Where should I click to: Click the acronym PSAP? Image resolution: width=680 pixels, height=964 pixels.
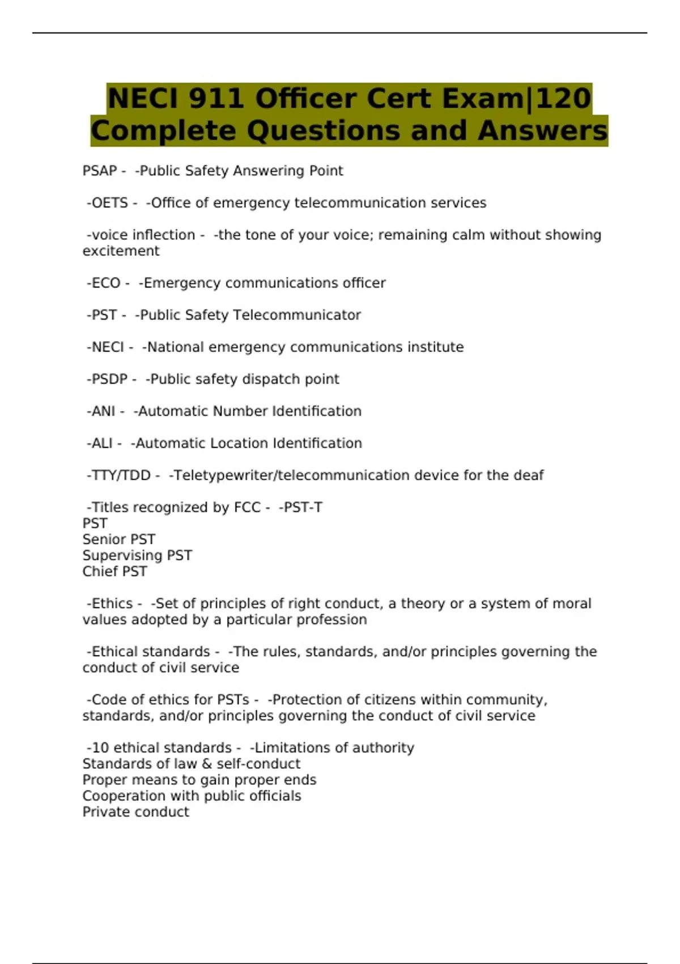100,171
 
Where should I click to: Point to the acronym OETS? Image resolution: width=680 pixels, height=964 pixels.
109,203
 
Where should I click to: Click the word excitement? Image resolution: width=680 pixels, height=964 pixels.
121,251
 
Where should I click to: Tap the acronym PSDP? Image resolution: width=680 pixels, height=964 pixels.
109,379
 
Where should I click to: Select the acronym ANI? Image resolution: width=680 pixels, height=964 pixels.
103,411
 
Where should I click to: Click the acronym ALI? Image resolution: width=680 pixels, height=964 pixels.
102,443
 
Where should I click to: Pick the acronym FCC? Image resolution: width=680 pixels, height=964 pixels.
247,508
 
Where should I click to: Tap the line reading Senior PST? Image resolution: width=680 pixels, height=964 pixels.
118,539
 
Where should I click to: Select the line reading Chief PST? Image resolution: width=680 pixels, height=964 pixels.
114,572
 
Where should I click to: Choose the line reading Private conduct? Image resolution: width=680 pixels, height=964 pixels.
135,812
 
